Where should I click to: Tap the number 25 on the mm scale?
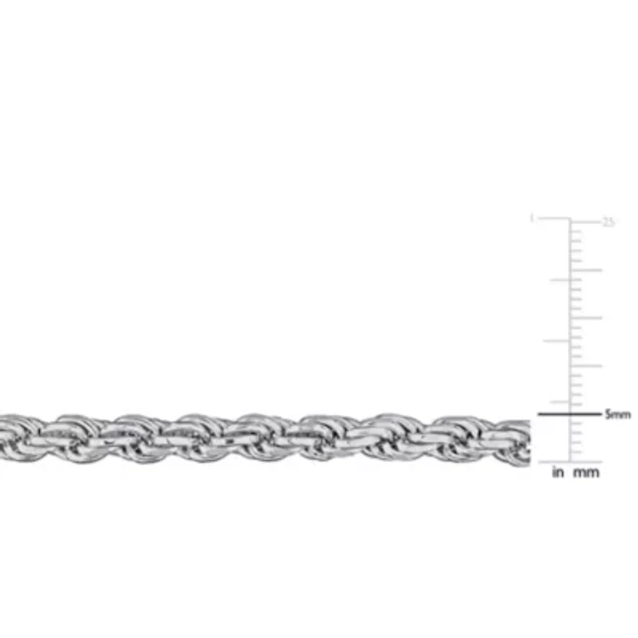point(608,222)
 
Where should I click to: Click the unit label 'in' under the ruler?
point(557,473)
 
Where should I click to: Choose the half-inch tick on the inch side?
point(557,341)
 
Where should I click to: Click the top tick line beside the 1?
point(554,219)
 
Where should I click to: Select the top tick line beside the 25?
point(585,219)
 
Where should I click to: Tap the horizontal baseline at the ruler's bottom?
point(570,462)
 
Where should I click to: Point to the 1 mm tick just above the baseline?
point(576,452)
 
